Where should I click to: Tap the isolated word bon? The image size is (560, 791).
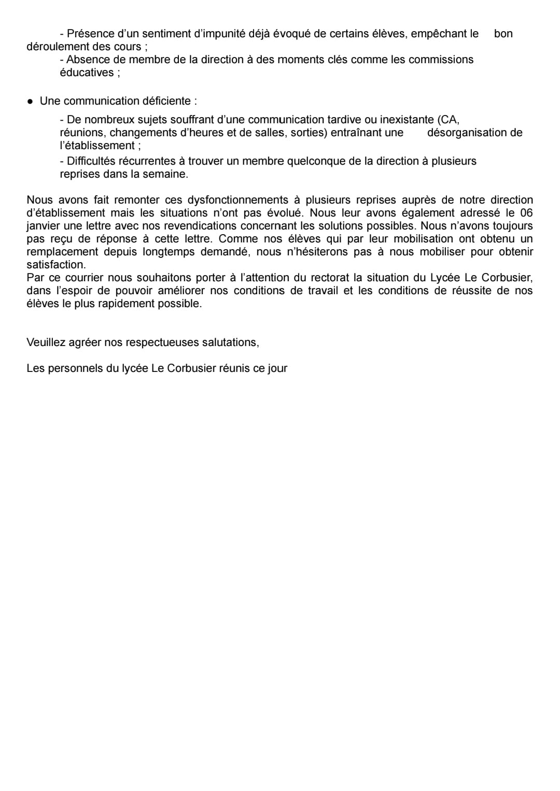click(503, 34)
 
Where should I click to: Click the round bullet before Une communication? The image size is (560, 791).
click(31, 101)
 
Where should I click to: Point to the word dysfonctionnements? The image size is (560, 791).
click(237, 200)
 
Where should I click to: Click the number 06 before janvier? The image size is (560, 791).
click(526, 213)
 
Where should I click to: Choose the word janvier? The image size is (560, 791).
click(44, 226)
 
